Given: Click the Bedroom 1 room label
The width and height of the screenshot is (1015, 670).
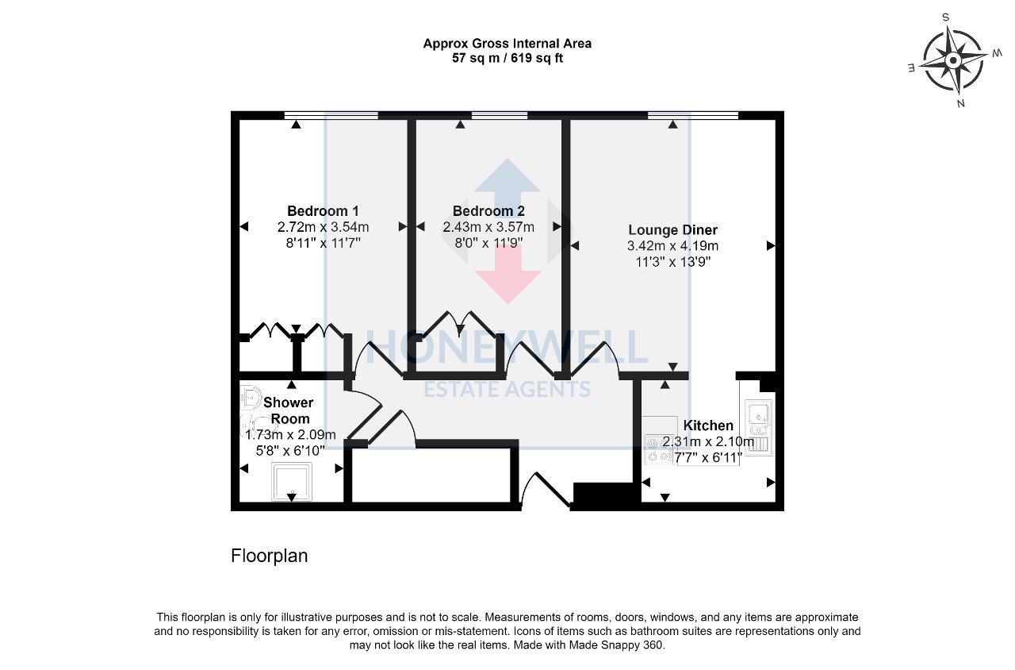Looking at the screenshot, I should [323, 211].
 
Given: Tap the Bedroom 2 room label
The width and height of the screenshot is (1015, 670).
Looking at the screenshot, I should [488, 211].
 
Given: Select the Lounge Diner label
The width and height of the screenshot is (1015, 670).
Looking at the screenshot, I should [672, 230].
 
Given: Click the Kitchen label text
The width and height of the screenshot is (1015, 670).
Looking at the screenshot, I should [708, 425].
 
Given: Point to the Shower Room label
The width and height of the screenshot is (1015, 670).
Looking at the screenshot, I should [289, 410].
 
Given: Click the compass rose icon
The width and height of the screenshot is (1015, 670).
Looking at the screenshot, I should [954, 60].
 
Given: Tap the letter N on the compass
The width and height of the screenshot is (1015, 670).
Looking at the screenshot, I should [960, 103].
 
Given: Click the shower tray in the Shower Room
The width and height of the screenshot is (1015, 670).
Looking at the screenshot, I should [291, 481].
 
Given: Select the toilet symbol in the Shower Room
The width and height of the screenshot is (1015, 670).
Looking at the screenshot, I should [251, 397].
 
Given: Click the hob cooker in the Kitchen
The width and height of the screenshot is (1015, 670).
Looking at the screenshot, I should [658, 449].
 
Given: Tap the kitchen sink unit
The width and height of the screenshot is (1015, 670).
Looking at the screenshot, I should [758, 427].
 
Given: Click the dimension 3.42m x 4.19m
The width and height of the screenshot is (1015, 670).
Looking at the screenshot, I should [672, 246].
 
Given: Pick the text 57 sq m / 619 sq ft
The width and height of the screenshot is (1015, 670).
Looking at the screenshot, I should [507, 58].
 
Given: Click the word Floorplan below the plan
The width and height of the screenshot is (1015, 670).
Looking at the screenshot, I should [269, 556].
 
